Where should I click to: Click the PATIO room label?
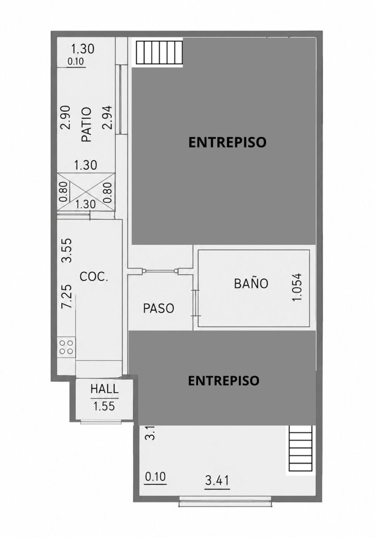tap(86, 124)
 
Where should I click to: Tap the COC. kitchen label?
tap(93, 277)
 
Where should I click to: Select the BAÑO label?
tap(251, 283)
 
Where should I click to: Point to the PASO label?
tap(158, 308)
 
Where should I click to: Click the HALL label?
tap(105, 389)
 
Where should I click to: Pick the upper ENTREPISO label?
tap(228, 142)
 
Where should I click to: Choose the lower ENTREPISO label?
tap(224, 380)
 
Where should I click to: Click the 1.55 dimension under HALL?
tap(104, 406)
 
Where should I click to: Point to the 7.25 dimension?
tap(66, 296)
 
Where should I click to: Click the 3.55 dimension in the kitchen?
tap(66, 250)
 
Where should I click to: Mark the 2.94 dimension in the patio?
tap(107, 117)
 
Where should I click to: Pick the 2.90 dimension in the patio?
tap(65, 117)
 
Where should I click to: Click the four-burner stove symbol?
tap(66, 347)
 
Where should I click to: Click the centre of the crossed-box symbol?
tap(86, 192)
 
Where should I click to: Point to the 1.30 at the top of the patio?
tap(83, 49)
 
